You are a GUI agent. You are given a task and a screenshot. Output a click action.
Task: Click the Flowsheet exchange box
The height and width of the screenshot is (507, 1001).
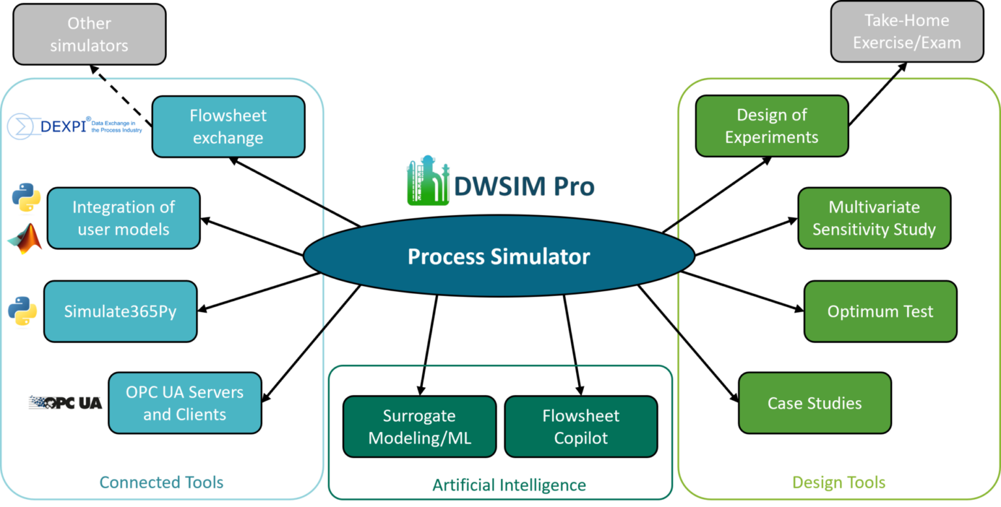click(x=228, y=126)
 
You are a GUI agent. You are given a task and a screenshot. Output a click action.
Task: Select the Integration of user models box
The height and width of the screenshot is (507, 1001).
click(x=123, y=218)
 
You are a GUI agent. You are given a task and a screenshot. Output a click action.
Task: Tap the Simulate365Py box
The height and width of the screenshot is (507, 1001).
click(x=120, y=311)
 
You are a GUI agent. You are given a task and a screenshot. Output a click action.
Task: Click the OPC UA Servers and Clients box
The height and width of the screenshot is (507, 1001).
click(x=184, y=403)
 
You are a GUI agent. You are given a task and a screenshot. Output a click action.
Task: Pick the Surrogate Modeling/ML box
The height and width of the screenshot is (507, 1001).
click(x=419, y=426)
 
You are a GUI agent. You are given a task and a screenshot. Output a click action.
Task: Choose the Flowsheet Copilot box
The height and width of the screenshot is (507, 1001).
click(x=580, y=426)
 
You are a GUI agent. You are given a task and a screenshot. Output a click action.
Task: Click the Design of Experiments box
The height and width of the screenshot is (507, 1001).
click(x=772, y=126)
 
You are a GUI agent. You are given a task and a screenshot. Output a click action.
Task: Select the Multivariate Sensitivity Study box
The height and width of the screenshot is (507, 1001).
click(x=874, y=218)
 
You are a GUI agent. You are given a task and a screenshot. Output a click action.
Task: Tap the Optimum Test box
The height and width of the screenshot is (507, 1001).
click(x=880, y=311)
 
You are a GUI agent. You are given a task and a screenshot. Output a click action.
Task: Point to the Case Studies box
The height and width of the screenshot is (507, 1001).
click(x=814, y=403)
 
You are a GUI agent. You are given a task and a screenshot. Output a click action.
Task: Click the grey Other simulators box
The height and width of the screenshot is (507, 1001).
click(x=89, y=34)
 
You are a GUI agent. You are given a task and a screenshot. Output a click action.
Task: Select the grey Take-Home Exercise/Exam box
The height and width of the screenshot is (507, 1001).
click(x=907, y=31)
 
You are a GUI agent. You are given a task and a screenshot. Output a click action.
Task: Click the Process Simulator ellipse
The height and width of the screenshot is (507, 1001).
click(x=499, y=256)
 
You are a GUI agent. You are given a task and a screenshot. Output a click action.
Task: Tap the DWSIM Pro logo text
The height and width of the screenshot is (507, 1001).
click(x=523, y=186)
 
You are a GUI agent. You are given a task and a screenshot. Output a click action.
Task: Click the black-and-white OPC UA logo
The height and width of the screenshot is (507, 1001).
click(x=66, y=403)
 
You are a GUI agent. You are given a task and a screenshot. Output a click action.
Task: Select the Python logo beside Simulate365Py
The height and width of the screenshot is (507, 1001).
click(x=23, y=312)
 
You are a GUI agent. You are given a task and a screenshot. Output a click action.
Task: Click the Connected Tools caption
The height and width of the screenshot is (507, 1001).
click(x=161, y=482)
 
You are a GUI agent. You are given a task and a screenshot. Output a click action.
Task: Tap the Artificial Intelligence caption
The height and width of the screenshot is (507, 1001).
click(x=509, y=485)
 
